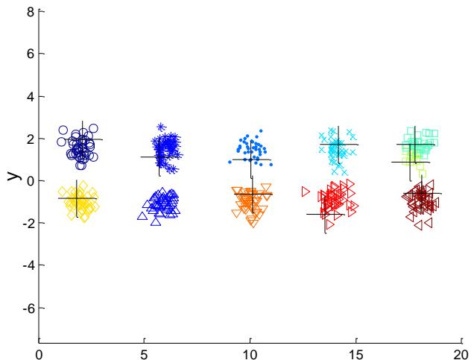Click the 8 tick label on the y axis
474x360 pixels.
point(31,12)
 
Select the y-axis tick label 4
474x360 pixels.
point(31,97)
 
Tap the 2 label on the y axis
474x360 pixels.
point(31,139)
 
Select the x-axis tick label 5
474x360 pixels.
point(145,354)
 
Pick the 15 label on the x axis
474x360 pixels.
point(355,354)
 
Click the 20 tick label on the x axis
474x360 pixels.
point(461,354)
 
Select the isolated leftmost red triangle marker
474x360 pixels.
point(306,192)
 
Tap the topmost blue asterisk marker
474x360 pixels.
point(161,127)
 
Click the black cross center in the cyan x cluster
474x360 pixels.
point(338,145)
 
